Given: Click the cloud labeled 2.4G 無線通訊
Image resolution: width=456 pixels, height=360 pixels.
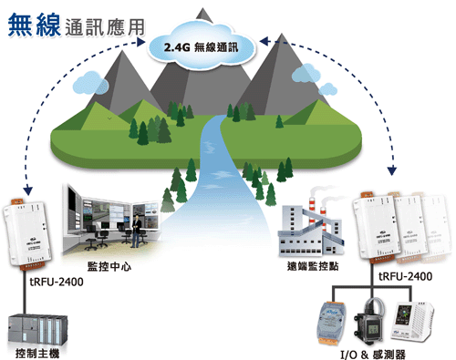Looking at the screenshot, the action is click(x=202, y=46).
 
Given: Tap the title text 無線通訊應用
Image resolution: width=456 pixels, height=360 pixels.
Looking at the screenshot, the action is click(x=77, y=26).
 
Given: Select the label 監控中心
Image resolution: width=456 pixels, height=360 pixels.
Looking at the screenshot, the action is click(x=109, y=266).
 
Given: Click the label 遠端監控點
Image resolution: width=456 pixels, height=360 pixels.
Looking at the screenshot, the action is click(x=313, y=266).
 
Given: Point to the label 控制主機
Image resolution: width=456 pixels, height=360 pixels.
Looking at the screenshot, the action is click(x=37, y=354).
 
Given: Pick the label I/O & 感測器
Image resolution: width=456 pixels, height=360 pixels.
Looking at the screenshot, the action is click(x=373, y=355).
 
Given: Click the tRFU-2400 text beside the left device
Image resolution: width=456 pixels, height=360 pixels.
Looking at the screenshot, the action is click(x=57, y=282).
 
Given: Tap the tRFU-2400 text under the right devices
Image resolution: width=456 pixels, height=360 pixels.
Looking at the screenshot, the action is click(x=406, y=276).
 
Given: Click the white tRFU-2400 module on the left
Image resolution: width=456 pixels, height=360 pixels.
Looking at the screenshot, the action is click(x=26, y=234).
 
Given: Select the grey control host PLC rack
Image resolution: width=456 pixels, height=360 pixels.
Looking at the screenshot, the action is click(x=37, y=330).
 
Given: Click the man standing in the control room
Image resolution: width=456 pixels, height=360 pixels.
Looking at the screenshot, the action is click(x=136, y=231).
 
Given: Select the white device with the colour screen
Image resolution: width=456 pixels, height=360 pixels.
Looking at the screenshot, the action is click(x=412, y=322).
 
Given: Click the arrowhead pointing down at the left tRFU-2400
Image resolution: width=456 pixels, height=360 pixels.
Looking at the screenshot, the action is click(x=28, y=190).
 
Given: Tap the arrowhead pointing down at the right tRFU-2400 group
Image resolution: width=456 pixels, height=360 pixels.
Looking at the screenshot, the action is click(x=392, y=170).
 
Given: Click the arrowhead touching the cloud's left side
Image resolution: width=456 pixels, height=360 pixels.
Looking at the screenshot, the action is click(x=141, y=42).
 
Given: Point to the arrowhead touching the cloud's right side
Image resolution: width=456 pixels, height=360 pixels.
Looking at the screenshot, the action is click(x=264, y=41).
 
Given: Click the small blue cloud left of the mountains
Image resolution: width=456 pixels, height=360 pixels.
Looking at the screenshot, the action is click(x=90, y=83).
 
